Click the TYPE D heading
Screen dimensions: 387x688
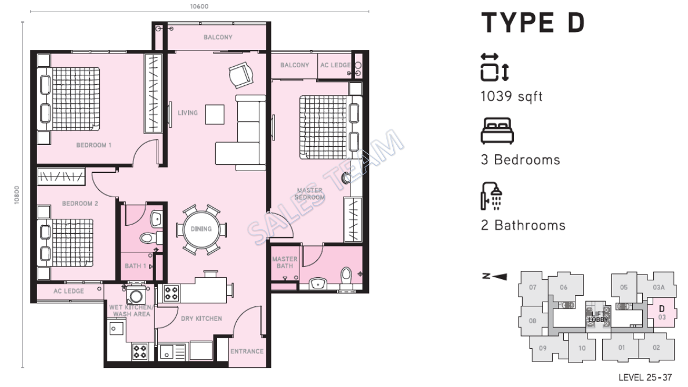coord(533,23)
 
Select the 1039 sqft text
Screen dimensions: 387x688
coord(511,96)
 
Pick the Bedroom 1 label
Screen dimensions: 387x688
coord(94,145)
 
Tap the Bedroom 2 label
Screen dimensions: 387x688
coord(81,204)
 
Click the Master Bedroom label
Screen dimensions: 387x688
coord(309,193)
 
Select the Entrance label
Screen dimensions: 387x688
coord(247,351)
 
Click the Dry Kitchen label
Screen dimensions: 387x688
coord(201,319)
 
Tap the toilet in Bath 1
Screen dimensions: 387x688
coord(148,237)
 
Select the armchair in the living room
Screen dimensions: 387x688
coord(241,74)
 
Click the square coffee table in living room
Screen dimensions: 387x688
coord(216,114)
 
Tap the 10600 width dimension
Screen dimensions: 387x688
coord(199,7)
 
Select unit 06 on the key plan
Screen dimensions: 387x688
coord(563,287)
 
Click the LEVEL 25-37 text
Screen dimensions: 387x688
coord(645,378)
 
